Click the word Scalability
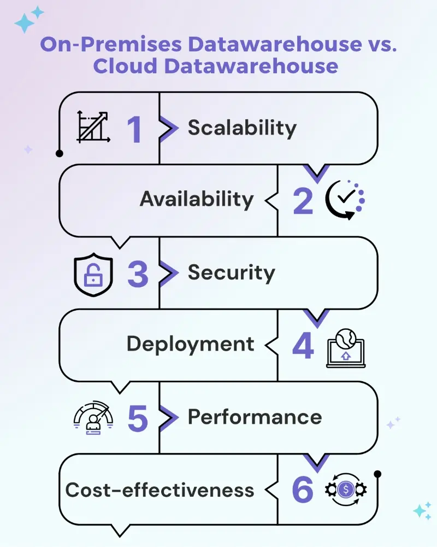[242, 128]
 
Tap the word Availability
[197, 199]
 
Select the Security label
[231, 272]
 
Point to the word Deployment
[190, 345]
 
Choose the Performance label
[255, 417]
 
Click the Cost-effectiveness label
[160, 490]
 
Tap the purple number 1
[134, 130]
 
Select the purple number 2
[303, 201]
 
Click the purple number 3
[138, 273]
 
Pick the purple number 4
[303, 346]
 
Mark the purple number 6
[303, 490]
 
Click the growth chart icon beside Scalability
[93, 127]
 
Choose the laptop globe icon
[346, 347]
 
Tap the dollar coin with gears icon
[345, 490]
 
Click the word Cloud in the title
[125, 66]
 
